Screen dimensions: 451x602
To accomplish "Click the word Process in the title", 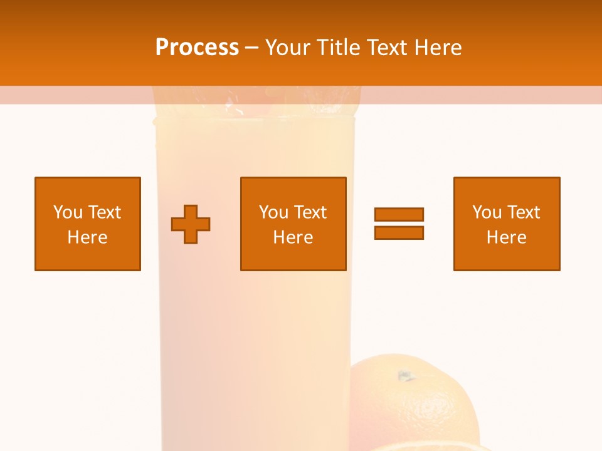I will [197, 48].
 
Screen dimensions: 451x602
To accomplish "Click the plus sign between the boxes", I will [191, 224].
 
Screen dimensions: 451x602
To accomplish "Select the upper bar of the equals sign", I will [399, 214].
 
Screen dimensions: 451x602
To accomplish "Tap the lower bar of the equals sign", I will [399, 232].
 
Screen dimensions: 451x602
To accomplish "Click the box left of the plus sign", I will [88, 224].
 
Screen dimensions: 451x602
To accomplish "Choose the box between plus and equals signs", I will [293, 224].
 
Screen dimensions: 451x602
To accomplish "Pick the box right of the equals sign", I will [507, 224].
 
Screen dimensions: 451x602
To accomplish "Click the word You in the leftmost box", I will [68, 212].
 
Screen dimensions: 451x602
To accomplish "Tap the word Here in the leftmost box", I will [88, 237].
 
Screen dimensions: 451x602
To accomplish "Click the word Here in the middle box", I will [293, 237].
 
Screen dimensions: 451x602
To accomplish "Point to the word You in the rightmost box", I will [487, 212].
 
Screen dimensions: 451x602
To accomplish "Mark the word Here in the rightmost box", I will [507, 237].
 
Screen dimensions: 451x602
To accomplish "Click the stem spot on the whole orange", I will [406, 376].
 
